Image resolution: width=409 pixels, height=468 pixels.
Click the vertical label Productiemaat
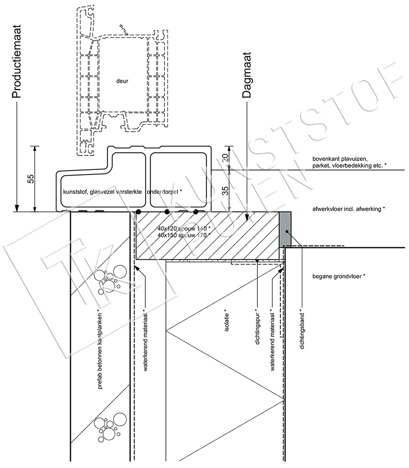pyautogui.click(x=16, y=62)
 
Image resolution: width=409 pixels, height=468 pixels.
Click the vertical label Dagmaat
pyautogui.click(x=247, y=75)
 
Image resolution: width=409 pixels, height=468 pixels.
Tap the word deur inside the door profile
pyautogui.click(x=122, y=81)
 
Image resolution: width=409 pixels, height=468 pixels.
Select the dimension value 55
pyautogui.click(x=31, y=179)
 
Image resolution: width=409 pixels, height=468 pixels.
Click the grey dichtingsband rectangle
pyautogui.click(x=285, y=229)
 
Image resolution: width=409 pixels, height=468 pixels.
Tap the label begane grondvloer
pyautogui.click(x=339, y=277)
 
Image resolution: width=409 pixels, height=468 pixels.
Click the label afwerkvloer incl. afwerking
pyautogui.click(x=348, y=209)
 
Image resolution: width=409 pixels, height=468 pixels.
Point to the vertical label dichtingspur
pyautogui.click(x=258, y=328)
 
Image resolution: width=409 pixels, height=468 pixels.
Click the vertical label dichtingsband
pyautogui.click(x=302, y=331)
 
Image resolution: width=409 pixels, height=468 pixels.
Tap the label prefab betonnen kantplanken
pyautogui.click(x=100, y=351)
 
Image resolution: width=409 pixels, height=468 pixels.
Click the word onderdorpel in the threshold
pyautogui.click(x=163, y=191)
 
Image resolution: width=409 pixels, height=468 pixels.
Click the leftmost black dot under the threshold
pyautogui.click(x=138, y=212)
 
